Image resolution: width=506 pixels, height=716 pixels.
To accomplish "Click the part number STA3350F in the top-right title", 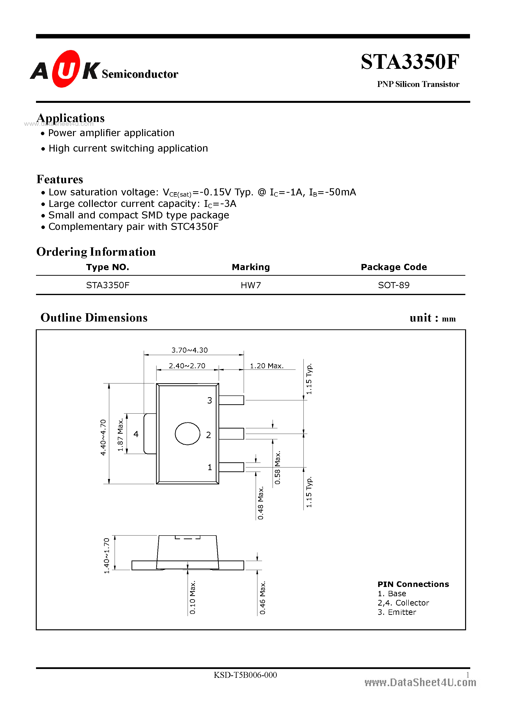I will pos(410,62).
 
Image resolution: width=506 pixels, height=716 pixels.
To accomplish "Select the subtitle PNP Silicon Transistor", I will pos(418,84).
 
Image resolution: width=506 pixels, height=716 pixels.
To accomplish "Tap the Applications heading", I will pos(71,118).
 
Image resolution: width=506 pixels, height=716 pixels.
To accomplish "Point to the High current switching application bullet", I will pos(128,148).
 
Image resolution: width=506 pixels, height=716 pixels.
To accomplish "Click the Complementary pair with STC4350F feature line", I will pos(133,227).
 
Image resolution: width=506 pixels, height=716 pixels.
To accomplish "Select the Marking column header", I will pos(251,267).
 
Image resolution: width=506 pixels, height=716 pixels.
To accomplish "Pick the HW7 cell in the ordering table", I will pos(251,285).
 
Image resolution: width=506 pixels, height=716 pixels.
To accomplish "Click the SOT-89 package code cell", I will pos(393,285).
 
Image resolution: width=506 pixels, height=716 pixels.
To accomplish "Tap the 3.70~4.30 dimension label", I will pos(189,350).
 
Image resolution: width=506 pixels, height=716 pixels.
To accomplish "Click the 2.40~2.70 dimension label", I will pos(187,366).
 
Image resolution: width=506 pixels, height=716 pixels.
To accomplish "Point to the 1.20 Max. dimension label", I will pos(267,366).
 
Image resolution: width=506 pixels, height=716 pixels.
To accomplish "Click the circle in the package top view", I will pos(188,433).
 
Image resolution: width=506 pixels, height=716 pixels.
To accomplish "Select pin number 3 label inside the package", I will pos(210,400).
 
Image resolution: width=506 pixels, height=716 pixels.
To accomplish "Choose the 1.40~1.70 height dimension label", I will pos(106,555).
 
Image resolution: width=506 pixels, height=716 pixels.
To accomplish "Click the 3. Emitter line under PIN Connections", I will pos(397,612).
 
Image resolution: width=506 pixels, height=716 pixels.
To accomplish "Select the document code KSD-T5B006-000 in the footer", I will pos(245,675).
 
